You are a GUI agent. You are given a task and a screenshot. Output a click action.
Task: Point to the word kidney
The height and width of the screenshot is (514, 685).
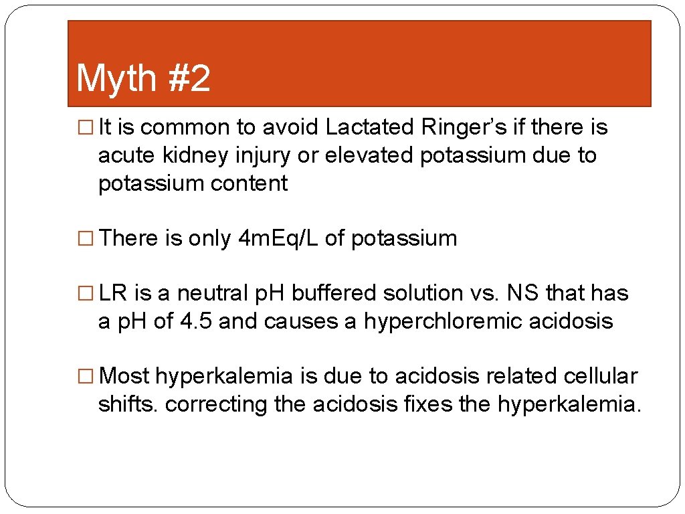click(x=193, y=155)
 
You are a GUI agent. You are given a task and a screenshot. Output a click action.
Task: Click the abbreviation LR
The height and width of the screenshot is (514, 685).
click(x=114, y=293)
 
